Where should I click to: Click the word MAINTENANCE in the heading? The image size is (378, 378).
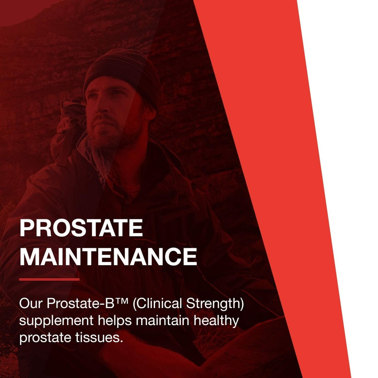pos(108,257)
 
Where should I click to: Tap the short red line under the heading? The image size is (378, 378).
pos(49,279)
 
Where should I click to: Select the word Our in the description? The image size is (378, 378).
pos(31,303)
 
